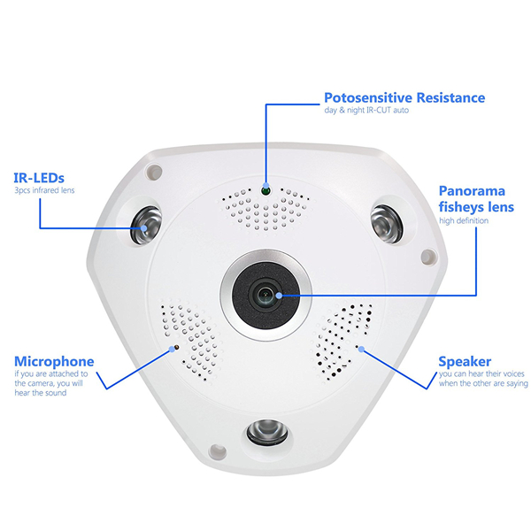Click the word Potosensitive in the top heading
368,97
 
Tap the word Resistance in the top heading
450,97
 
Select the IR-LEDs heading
39,178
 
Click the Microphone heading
54,362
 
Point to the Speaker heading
465,362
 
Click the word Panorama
472,191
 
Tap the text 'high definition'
464,220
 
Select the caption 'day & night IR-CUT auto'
366,110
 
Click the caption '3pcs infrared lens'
44,190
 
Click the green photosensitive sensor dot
265,191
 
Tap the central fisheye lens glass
266,295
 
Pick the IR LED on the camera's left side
146,225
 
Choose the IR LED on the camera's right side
387,224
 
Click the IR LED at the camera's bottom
267,432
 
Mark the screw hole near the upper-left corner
154,172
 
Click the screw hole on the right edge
428,257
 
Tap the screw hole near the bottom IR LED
218,451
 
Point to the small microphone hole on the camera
176,348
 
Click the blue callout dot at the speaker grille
362,349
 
